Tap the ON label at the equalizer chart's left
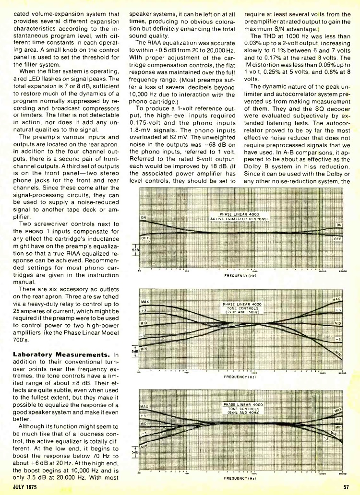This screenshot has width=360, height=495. pos(143,217)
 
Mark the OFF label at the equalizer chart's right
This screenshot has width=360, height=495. pos(337,238)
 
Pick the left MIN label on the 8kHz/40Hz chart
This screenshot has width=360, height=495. pos(144,445)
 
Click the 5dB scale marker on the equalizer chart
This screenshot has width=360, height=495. pos(135,250)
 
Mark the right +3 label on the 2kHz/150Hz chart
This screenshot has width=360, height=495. pos(337,309)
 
